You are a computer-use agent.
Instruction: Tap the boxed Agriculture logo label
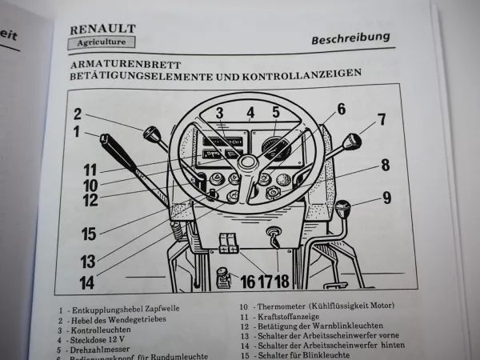[101, 42]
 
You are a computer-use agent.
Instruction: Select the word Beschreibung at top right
[350, 37]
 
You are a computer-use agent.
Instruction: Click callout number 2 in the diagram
[78, 113]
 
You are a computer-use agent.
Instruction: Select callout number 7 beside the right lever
[382, 119]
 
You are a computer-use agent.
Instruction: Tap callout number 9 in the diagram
[387, 195]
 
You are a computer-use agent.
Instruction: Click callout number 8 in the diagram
[385, 166]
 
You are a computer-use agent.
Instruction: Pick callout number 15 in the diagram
[88, 234]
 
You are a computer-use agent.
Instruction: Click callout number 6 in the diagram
[340, 110]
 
